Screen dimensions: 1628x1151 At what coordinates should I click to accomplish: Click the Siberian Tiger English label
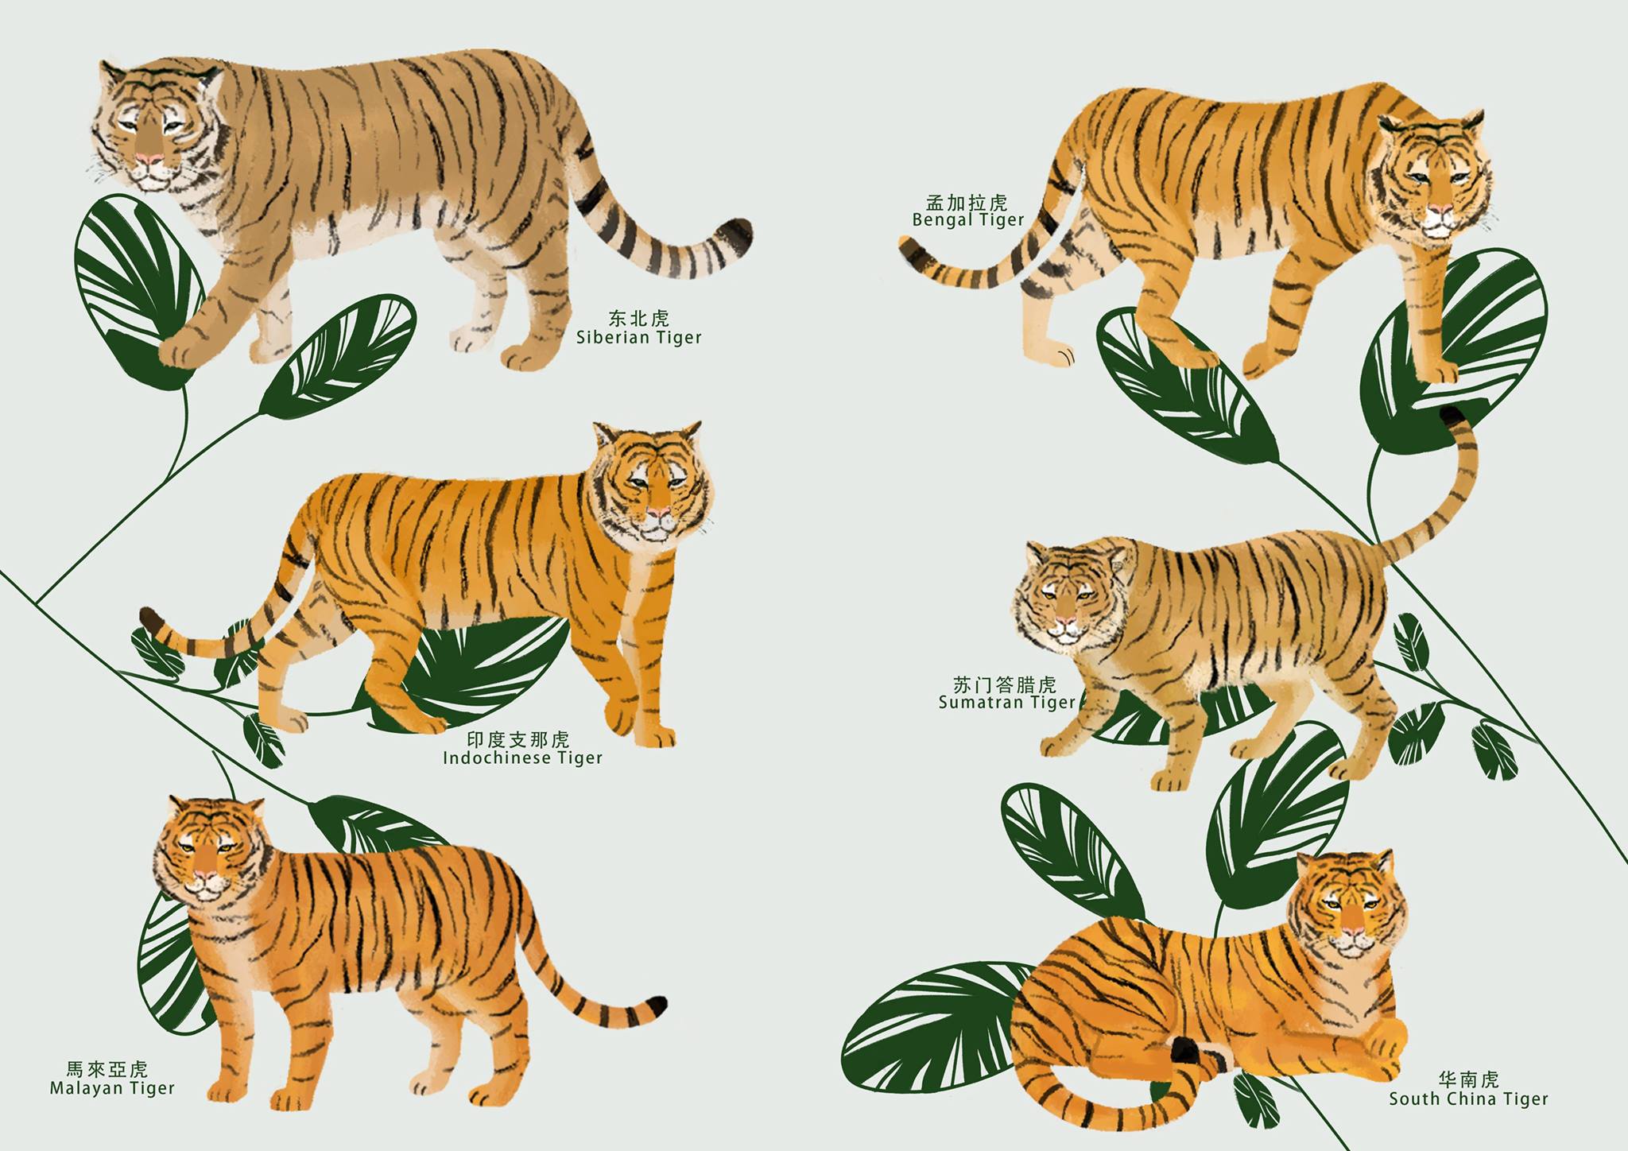639,338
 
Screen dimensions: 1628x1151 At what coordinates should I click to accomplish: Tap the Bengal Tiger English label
968,220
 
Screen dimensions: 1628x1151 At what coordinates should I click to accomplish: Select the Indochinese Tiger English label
522,758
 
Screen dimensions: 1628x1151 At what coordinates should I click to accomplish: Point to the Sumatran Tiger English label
1006,703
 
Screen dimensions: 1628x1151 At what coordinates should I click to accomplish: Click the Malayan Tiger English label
112,1088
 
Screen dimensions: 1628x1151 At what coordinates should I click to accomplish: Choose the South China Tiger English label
1469,1099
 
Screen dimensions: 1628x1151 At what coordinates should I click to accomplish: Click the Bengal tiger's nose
1436,212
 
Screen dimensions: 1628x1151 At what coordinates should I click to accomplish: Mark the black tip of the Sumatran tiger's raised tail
1454,417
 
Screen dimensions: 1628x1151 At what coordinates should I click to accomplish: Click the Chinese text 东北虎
639,319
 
